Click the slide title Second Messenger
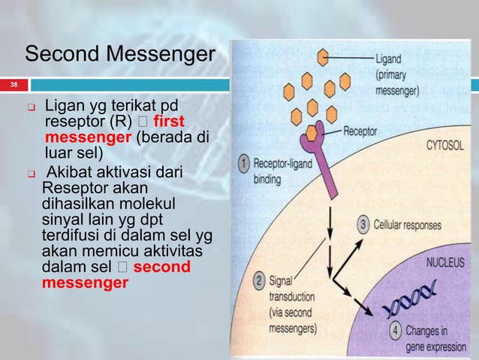(119, 54)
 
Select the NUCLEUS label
(447, 265)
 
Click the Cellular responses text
(408, 225)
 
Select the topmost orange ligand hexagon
(324, 58)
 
